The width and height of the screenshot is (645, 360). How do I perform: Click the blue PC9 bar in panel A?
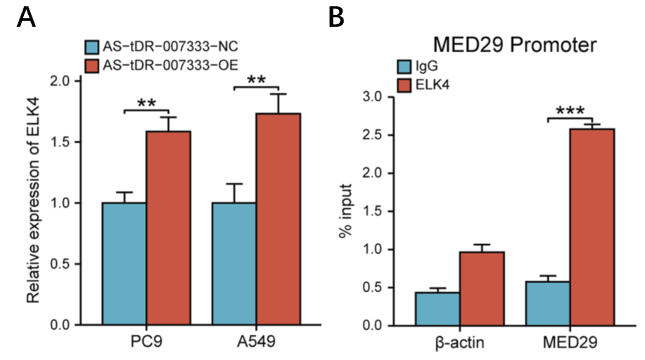[x=124, y=264]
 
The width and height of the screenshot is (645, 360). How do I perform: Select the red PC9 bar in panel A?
[x=168, y=228]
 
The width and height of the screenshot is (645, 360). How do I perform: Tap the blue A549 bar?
[x=234, y=264]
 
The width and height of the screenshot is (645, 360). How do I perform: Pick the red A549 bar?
[x=278, y=219]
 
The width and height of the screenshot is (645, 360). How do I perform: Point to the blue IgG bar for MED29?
[x=548, y=303]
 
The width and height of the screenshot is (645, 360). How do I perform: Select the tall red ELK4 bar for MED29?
[x=592, y=226]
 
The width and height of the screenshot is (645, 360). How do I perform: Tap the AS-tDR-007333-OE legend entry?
[x=162, y=65]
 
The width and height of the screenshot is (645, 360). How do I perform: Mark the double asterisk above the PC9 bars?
[x=146, y=103]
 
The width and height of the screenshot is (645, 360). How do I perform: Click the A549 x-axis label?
[x=256, y=343]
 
